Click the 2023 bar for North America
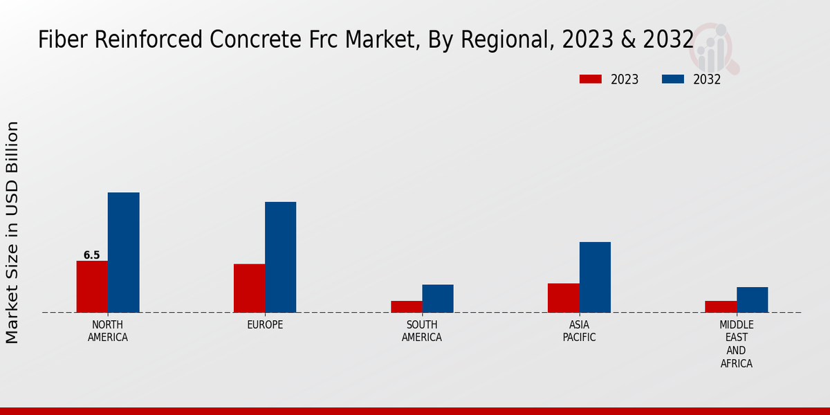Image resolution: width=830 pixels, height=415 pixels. [92, 286]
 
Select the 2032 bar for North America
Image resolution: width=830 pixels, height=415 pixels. [123, 252]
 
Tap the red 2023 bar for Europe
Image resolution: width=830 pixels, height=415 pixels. [249, 288]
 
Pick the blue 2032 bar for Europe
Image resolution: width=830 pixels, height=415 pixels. [280, 257]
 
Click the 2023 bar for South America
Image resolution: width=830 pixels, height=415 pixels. [406, 306]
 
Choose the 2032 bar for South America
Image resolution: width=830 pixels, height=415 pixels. [438, 298]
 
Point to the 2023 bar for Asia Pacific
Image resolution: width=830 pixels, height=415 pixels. [563, 297]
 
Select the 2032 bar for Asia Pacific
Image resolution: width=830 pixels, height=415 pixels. [595, 277]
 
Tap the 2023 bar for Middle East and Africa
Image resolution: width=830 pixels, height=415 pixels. [721, 306]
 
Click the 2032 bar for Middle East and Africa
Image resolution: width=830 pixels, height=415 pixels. [752, 299]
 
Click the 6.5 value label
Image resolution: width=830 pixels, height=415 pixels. [92, 255]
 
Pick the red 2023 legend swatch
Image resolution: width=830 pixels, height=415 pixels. [590, 79]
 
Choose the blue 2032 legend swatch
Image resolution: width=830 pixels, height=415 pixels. [672, 79]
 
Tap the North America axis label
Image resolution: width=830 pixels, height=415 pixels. [108, 331]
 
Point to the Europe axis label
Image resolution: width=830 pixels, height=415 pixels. [265, 325]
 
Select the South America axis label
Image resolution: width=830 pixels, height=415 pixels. [422, 331]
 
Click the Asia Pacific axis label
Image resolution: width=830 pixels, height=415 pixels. [579, 331]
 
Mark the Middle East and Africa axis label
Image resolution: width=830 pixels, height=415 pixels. [737, 344]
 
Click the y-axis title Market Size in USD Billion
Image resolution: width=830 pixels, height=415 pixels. [12, 232]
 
